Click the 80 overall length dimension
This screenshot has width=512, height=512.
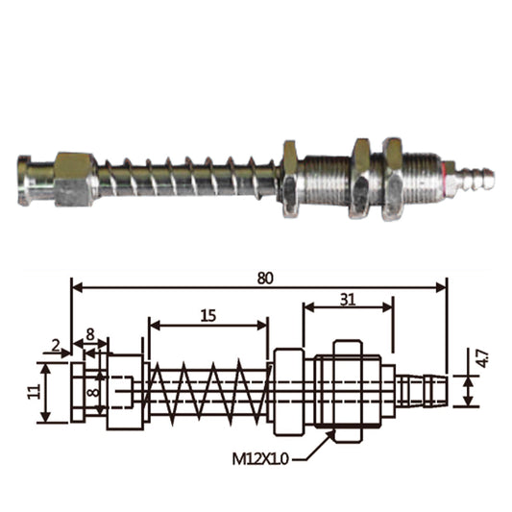[x=265, y=279]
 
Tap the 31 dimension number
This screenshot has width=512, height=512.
[x=348, y=300]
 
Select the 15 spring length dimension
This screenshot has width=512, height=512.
[x=208, y=316]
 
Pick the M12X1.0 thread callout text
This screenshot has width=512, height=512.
[x=260, y=459]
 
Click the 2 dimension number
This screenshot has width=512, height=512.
[x=56, y=346]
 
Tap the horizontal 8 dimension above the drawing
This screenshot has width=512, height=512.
[x=90, y=334]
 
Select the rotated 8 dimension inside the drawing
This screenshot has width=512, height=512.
[x=94, y=392]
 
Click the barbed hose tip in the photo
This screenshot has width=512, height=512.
[x=476, y=177]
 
